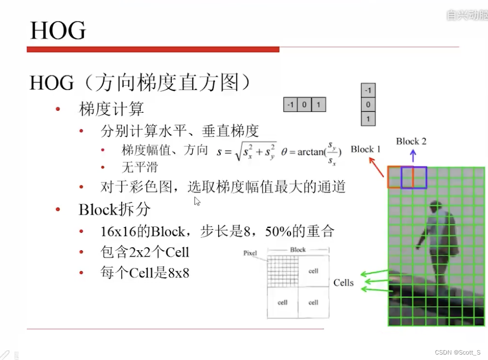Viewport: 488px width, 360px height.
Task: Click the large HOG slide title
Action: pos(58,31)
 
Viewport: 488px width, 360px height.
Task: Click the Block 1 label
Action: pos(366,149)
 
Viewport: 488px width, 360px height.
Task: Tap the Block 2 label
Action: pos(411,141)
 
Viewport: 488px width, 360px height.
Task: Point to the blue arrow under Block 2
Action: pos(413,156)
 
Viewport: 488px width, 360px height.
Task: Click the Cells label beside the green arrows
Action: pos(343,282)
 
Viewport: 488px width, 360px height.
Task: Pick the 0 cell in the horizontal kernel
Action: pos(304,105)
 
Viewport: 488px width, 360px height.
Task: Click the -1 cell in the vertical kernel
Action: pos(368,90)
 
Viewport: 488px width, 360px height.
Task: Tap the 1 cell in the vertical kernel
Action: pos(368,119)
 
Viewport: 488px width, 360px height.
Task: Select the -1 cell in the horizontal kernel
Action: pos(291,105)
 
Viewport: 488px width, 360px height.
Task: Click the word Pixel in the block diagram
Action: pos(250,253)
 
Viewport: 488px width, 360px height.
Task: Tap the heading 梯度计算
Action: pos(111,109)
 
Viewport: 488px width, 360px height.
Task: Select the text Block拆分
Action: pos(114,210)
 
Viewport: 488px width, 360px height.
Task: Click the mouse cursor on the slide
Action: pos(196,201)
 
